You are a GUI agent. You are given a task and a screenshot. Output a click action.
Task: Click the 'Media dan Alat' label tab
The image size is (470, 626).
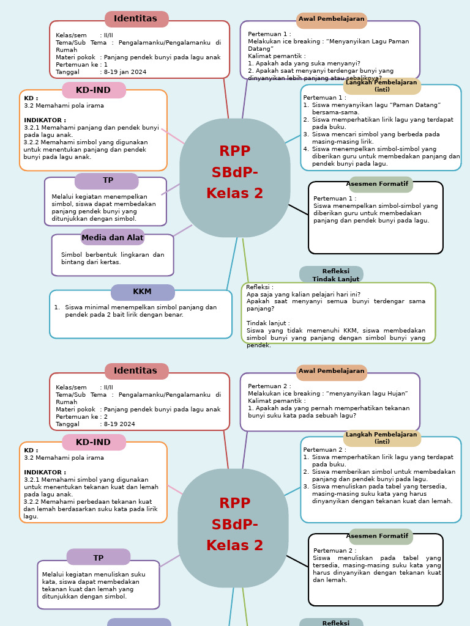113,238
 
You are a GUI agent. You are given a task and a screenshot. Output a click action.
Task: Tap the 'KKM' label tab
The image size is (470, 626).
143,292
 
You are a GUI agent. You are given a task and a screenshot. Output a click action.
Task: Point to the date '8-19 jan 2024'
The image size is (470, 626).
125,72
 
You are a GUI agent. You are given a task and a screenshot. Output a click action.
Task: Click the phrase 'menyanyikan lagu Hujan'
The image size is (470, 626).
372,394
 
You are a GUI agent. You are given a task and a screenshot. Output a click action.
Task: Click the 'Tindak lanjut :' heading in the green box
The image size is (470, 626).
268,323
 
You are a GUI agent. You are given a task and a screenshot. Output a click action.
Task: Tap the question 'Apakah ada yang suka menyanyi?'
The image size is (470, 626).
304,64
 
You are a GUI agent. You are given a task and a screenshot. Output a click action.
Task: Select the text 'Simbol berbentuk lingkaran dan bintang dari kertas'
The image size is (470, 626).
113,259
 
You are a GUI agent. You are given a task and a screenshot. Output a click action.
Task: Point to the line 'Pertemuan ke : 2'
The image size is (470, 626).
82,417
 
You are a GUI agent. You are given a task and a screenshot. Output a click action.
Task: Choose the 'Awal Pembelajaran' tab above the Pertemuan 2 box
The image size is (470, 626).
331,372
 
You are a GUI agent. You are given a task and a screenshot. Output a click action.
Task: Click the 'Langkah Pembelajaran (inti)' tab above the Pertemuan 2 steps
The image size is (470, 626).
382,438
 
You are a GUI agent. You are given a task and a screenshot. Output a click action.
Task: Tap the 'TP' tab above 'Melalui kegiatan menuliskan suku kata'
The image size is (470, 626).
99,558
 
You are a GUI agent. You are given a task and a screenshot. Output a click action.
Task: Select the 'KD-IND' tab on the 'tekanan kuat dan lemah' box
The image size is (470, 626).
94,443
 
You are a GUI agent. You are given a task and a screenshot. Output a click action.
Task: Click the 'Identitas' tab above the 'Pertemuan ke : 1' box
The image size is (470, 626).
136,19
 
